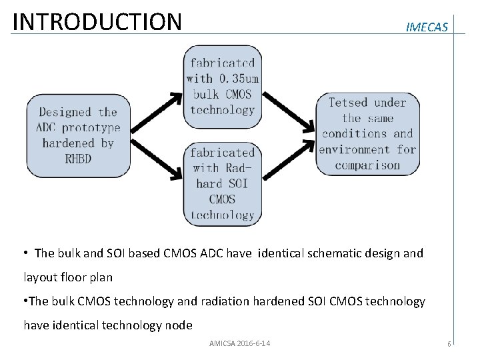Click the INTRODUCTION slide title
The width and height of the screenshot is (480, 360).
(x=97, y=21)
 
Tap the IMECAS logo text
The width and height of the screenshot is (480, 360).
(x=427, y=27)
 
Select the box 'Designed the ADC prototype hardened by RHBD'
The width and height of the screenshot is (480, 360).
(x=78, y=135)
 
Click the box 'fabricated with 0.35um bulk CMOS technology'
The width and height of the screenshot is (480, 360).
(x=223, y=87)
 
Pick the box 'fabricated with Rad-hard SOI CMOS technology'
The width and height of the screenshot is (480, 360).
(x=223, y=183)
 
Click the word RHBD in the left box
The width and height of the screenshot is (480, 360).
(x=78, y=159)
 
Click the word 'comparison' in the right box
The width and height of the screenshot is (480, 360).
(x=367, y=165)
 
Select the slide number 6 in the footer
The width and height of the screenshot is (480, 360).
(x=449, y=344)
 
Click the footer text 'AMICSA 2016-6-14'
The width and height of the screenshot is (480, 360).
(x=240, y=343)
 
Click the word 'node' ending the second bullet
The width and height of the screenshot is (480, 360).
(x=178, y=325)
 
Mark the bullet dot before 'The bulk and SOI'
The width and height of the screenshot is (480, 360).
(x=26, y=253)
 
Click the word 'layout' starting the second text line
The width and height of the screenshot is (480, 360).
(x=40, y=277)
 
